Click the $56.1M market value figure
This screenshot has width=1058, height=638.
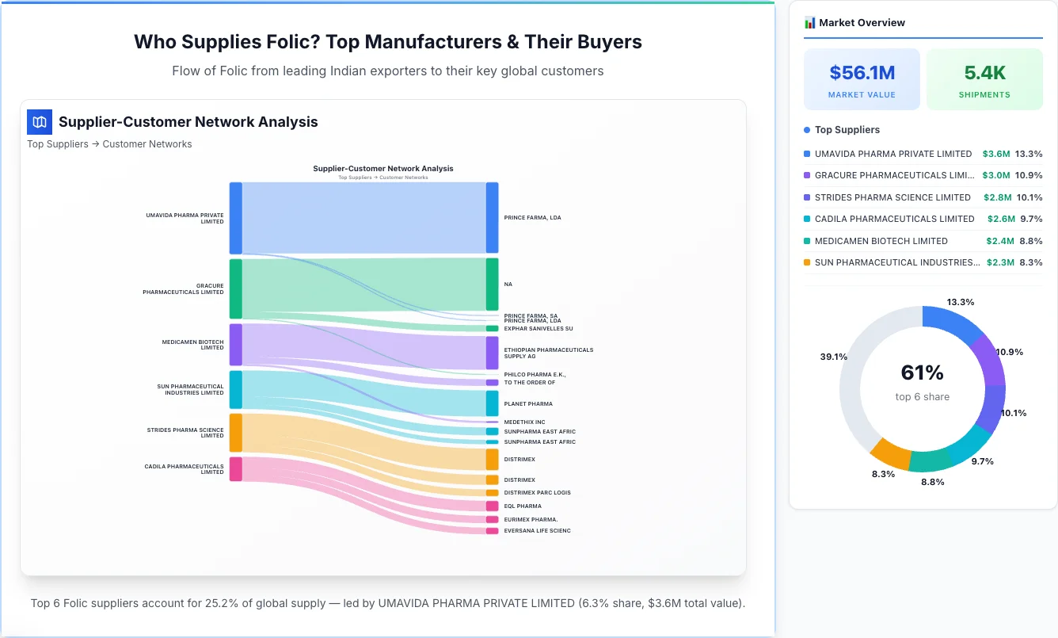click(862, 73)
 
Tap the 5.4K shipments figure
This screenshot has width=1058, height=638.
click(984, 73)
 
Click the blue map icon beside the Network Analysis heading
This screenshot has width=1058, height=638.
click(40, 122)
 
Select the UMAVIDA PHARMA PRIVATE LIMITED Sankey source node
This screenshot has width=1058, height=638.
click(235, 218)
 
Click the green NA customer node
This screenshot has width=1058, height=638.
click(492, 284)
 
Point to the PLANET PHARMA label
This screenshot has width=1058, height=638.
click(528, 404)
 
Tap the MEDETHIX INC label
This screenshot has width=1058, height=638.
click(524, 422)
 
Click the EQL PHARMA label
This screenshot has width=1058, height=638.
click(523, 506)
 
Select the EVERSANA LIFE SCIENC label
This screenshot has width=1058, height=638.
click(537, 531)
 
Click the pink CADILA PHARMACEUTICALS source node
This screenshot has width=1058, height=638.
click(235, 468)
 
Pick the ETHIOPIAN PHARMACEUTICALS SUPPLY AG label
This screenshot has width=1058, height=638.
click(548, 353)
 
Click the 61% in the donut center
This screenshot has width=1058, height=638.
click(922, 372)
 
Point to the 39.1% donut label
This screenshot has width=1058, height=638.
click(833, 357)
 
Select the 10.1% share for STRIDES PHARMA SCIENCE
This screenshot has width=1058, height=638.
click(1029, 197)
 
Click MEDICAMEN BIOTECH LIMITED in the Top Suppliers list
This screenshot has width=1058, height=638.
click(881, 241)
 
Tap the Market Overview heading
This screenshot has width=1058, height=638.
click(862, 23)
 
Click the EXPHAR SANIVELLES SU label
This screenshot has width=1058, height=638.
click(538, 328)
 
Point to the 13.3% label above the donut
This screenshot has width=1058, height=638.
click(960, 303)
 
